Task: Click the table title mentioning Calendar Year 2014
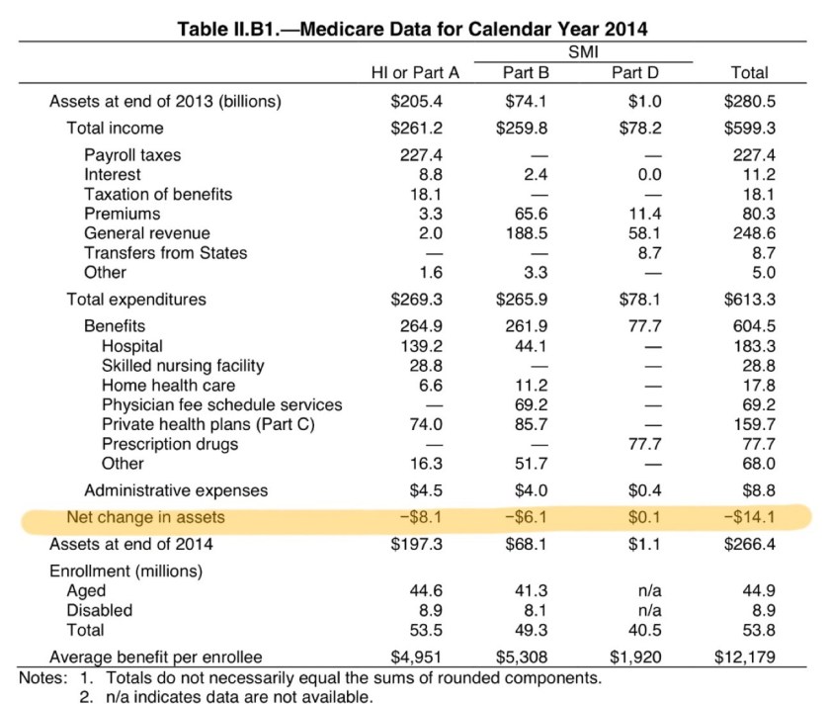[412, 30]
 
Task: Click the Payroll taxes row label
[132, 155]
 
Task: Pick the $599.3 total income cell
[748, 128]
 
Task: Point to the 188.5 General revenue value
[526, 233]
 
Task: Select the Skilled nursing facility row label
[183, 366]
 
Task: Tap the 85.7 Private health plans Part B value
[526, 424]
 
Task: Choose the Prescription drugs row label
[170, 444]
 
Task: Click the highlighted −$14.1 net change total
[748, 516]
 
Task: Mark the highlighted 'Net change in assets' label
[145, 516]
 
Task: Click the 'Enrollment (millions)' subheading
[125, 572]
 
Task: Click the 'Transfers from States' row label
[165, 253]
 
